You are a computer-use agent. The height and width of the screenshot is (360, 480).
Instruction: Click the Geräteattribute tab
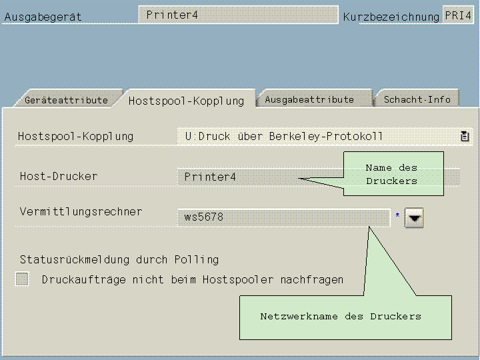click(66, 100)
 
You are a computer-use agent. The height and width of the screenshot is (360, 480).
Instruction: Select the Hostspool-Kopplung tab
click(186, 101)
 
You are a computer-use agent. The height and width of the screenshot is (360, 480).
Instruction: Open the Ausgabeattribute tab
click(309, 99)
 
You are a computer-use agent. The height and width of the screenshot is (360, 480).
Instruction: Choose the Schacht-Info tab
click(417, 99)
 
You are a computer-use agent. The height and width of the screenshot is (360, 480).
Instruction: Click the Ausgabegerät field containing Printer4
click(238, 15)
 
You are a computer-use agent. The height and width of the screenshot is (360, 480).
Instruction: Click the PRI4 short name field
click(458, 15)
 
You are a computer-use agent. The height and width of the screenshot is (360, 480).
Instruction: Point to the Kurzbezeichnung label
click(391, 17)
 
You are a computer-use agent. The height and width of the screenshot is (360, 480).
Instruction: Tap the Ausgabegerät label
click(43, 17)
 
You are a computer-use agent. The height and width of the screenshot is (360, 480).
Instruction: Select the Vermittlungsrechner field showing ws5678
click(283, 217)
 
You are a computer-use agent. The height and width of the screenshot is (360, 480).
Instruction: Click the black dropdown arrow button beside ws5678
click(414, 218)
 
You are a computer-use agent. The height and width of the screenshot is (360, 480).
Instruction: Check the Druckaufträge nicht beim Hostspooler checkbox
click(23, 279)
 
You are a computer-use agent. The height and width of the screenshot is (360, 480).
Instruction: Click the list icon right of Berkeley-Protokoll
click(465, 137)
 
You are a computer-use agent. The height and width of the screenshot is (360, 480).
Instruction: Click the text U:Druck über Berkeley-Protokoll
click(284, 137)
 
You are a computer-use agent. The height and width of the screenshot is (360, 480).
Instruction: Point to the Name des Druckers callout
click(393, 174)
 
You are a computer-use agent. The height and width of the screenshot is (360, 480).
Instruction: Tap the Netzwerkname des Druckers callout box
click(341, 316)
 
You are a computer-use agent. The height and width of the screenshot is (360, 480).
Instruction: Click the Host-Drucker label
click(59, 177)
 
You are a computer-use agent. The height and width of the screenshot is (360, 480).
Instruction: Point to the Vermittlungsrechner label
click(81, 212)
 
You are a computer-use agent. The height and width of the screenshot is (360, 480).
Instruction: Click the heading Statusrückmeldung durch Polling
click(119, 259)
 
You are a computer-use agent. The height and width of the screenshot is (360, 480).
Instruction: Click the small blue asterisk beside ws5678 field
click(398, 215)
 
